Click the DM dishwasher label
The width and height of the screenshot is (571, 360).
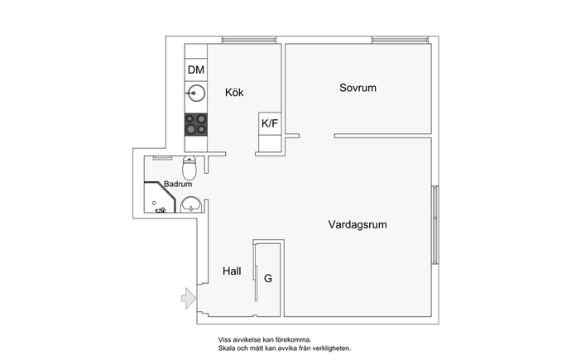click(x=196, y=70)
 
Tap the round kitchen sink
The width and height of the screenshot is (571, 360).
click(x=196, y=93)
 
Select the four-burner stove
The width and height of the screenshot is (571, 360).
click(x=196, y=124)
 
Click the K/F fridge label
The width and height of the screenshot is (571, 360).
click(x=270, y=123)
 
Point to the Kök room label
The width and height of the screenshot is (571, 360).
click(x=234, y=92)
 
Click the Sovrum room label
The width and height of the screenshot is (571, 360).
click(x=357, y=88)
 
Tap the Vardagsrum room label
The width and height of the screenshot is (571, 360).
click(x=357, y=224)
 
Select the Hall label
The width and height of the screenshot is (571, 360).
click(x=232, y=271)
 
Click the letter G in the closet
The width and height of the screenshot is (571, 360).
click(x=268, y=278)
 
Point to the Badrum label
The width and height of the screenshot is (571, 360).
click(x=178, y=184)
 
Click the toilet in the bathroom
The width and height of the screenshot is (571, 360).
click(x=190, y=167)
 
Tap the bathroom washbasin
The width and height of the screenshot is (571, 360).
click(x=191, y=204)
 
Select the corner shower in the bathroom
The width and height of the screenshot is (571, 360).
click(x=160, y=197)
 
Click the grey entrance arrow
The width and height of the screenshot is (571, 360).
click(x=189, y=298)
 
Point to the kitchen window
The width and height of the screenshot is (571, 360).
click(x=249, y=40)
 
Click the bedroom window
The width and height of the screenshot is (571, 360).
click(x=400, y=40)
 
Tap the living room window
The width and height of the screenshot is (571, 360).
click(x=434, y=225)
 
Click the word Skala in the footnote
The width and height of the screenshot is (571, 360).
click(x=225, y=348)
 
